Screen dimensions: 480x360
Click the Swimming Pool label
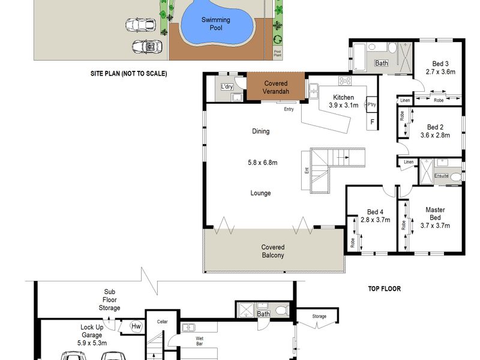coord(216,23)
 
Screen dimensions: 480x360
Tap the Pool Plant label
coord(277,53)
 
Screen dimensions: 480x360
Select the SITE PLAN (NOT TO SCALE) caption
coord(129,73)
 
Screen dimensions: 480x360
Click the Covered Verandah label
coord(276,87)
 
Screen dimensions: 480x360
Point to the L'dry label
coord(227,86)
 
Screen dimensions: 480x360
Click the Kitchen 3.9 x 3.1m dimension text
coord(343,105)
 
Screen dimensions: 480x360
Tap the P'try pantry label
coord(371,104)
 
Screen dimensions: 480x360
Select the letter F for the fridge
coord(372,122)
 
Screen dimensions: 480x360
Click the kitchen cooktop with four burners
coord(345,81)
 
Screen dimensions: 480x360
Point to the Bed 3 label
coord(440,64)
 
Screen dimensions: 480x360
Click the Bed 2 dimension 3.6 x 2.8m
coord(435,135)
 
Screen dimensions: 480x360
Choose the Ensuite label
coord(442,176)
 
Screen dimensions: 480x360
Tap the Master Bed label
coord(435,214)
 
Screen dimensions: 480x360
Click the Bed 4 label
coord(375,212)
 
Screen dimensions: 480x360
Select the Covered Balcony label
coord(273,251)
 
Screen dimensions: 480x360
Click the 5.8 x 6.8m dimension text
coord(263,163)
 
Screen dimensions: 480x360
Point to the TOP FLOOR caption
coord(384,289)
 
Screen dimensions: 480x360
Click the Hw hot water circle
coord(136,326)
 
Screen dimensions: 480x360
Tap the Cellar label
coord(162,322)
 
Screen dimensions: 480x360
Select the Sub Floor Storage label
coord(109,299)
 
